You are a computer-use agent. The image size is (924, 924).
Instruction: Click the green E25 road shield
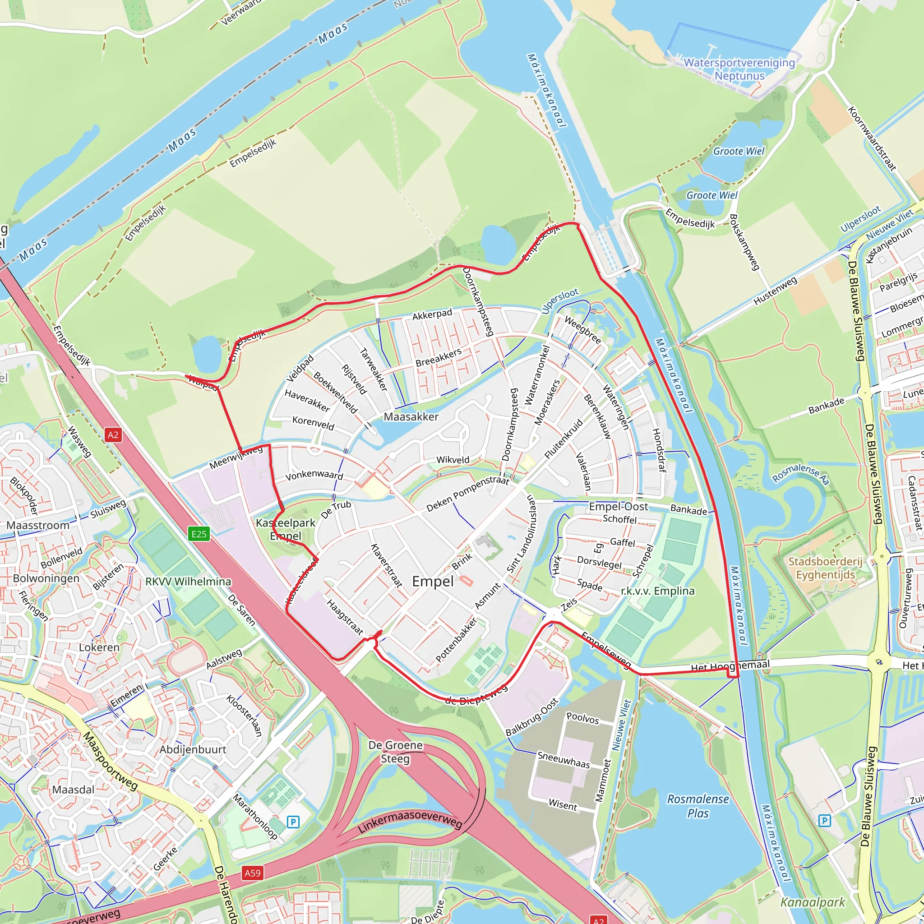(199, 534)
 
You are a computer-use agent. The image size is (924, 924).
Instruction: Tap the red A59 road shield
(253, 873)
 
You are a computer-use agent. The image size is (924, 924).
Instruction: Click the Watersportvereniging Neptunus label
(739, 69)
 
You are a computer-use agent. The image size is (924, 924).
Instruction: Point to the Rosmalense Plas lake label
(698, 806)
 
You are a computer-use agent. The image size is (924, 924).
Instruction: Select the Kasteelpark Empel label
(286, 529)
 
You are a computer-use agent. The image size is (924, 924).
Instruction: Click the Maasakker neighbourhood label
(411, 416)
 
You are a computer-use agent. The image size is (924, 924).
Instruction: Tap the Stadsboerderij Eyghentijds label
(825, 568)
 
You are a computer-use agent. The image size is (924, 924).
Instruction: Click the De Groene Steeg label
(395, 752)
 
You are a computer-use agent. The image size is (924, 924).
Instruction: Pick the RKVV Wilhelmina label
(188, 582)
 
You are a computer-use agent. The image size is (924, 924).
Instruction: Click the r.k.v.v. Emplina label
(658, 591)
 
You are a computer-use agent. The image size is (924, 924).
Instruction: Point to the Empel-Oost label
(619, 507)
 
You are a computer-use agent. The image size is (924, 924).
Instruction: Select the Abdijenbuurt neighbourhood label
(193, 749)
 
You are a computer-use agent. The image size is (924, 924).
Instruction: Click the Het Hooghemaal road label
(730, 666)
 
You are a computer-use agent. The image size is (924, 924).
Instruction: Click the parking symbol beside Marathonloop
(293, 822)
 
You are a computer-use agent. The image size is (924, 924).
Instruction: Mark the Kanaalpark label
(813, 902)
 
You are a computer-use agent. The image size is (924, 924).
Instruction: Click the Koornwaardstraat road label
(872, 139)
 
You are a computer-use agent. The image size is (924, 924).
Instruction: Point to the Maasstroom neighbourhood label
(38, 525)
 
